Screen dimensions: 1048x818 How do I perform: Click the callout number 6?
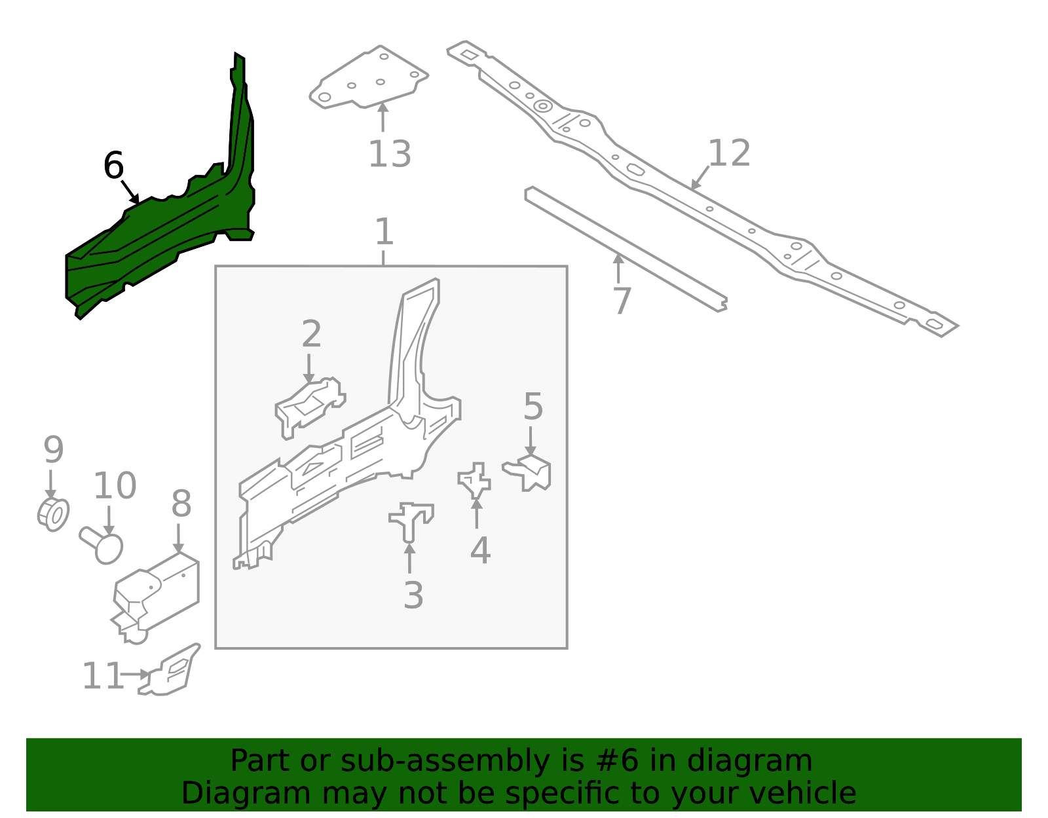(x=114, y=165)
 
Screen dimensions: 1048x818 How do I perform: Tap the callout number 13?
(x=390, y=155)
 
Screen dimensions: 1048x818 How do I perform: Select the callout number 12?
(x=729, y=153)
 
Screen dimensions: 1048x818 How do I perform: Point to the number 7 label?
(x=622, y=301)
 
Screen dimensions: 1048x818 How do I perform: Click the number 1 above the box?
(x=384, y=231)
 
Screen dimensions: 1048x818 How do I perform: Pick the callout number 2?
(x=312, y=333)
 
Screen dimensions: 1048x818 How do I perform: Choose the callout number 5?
(x=533, y=406)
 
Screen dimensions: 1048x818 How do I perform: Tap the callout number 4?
(x=480, y=550)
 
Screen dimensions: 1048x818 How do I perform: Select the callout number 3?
(x=413, y=595)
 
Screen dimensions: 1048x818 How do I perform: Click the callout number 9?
(x=54, y=449)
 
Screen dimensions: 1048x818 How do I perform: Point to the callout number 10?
(x=115, y=485)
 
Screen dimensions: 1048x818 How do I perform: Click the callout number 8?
(x=181, y=503)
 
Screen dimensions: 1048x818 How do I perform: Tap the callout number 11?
(x=102, y=676)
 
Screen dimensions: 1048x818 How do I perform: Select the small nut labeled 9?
(x=54, y=515)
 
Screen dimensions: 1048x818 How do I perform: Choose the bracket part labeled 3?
(x=411, y=521)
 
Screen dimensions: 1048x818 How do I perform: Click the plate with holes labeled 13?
(x=369, y=77)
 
